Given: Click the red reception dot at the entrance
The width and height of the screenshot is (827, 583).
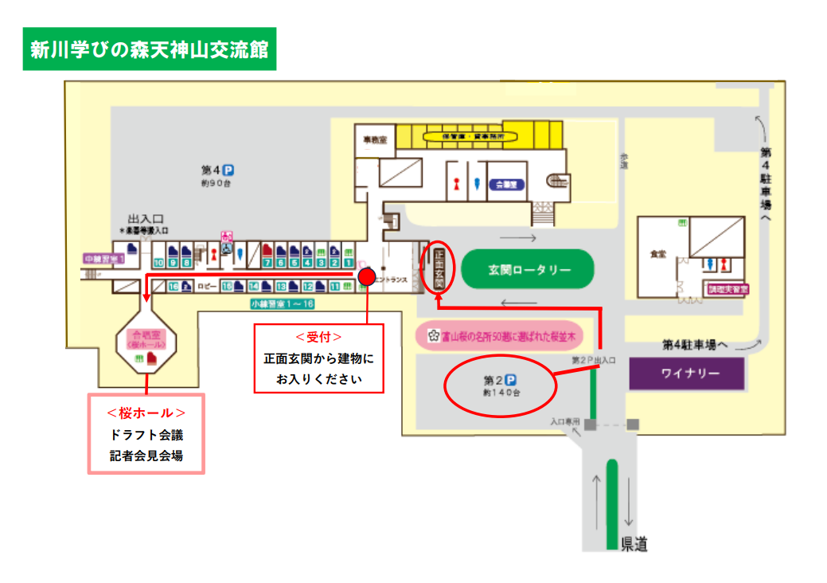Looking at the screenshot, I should tap(367, 276).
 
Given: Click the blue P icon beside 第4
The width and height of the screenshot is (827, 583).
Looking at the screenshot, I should tap(228, 170).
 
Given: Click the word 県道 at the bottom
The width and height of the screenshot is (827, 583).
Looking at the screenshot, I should tap(634, 545).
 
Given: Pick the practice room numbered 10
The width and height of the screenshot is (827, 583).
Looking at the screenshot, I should tap(159, 262).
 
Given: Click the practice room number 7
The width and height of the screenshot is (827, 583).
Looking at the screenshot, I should tap(268, 262).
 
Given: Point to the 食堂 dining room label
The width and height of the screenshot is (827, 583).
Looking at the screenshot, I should tap(657, 254).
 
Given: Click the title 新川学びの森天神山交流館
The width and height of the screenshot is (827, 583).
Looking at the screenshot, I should tap(150, 50).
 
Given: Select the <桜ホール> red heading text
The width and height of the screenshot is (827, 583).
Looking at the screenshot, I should tap(146, 413).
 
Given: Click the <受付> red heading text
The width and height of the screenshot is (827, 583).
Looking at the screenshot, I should tap(318, 337).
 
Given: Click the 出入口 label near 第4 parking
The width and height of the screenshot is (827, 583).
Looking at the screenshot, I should tap(146, 218).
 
